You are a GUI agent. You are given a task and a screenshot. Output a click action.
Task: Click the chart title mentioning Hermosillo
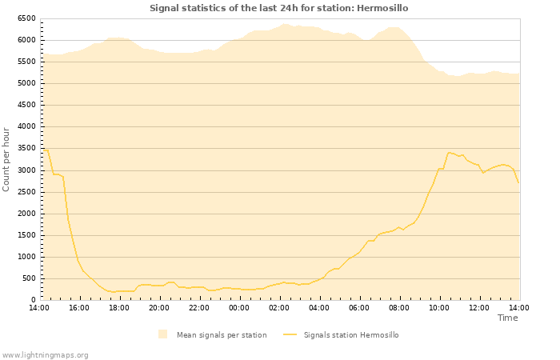278,8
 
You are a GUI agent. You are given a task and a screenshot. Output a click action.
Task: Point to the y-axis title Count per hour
6,158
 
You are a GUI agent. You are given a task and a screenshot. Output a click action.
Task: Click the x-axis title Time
507,318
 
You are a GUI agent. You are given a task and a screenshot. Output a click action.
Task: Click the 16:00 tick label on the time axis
79,307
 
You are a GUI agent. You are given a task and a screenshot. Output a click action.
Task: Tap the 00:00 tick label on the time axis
239,307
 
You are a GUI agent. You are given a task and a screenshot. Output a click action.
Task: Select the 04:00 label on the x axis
319,307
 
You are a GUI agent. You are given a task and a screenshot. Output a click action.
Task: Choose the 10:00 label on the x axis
439,307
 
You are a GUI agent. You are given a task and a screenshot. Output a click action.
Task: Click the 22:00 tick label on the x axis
199,307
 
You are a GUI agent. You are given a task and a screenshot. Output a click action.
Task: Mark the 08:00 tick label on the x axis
399,307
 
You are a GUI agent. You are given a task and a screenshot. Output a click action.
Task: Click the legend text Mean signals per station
222,335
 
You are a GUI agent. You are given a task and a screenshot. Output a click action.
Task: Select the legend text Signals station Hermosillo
350,335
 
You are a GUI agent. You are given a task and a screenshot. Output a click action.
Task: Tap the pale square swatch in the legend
163,334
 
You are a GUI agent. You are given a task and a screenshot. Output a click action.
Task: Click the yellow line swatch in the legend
290,335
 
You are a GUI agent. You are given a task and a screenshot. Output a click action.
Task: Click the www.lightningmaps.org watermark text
45,354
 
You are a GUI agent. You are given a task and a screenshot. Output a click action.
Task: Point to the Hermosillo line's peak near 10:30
450,152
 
